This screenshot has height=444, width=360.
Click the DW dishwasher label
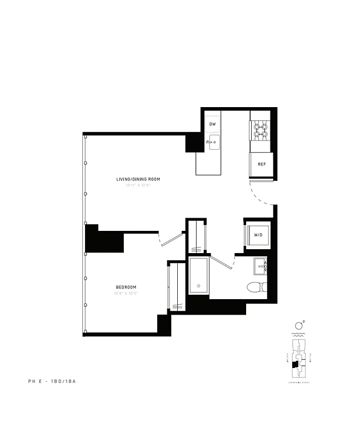pos(212,123)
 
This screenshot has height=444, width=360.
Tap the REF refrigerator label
pos(261,164)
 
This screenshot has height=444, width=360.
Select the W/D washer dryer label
pos(258,235)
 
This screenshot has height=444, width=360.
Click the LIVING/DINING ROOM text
pos(138,179)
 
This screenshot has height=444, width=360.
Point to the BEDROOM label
pos(126,287)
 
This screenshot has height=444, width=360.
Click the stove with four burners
pos(261,130)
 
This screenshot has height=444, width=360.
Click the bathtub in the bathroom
pos(198,275)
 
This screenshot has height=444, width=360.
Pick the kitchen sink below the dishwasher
pos(214,144)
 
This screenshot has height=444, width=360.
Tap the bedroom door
pos(172,239)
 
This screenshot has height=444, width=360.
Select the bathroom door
pos(220,260)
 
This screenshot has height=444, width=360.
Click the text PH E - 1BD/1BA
pos(55,381)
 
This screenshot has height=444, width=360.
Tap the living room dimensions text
pos(138,185)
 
